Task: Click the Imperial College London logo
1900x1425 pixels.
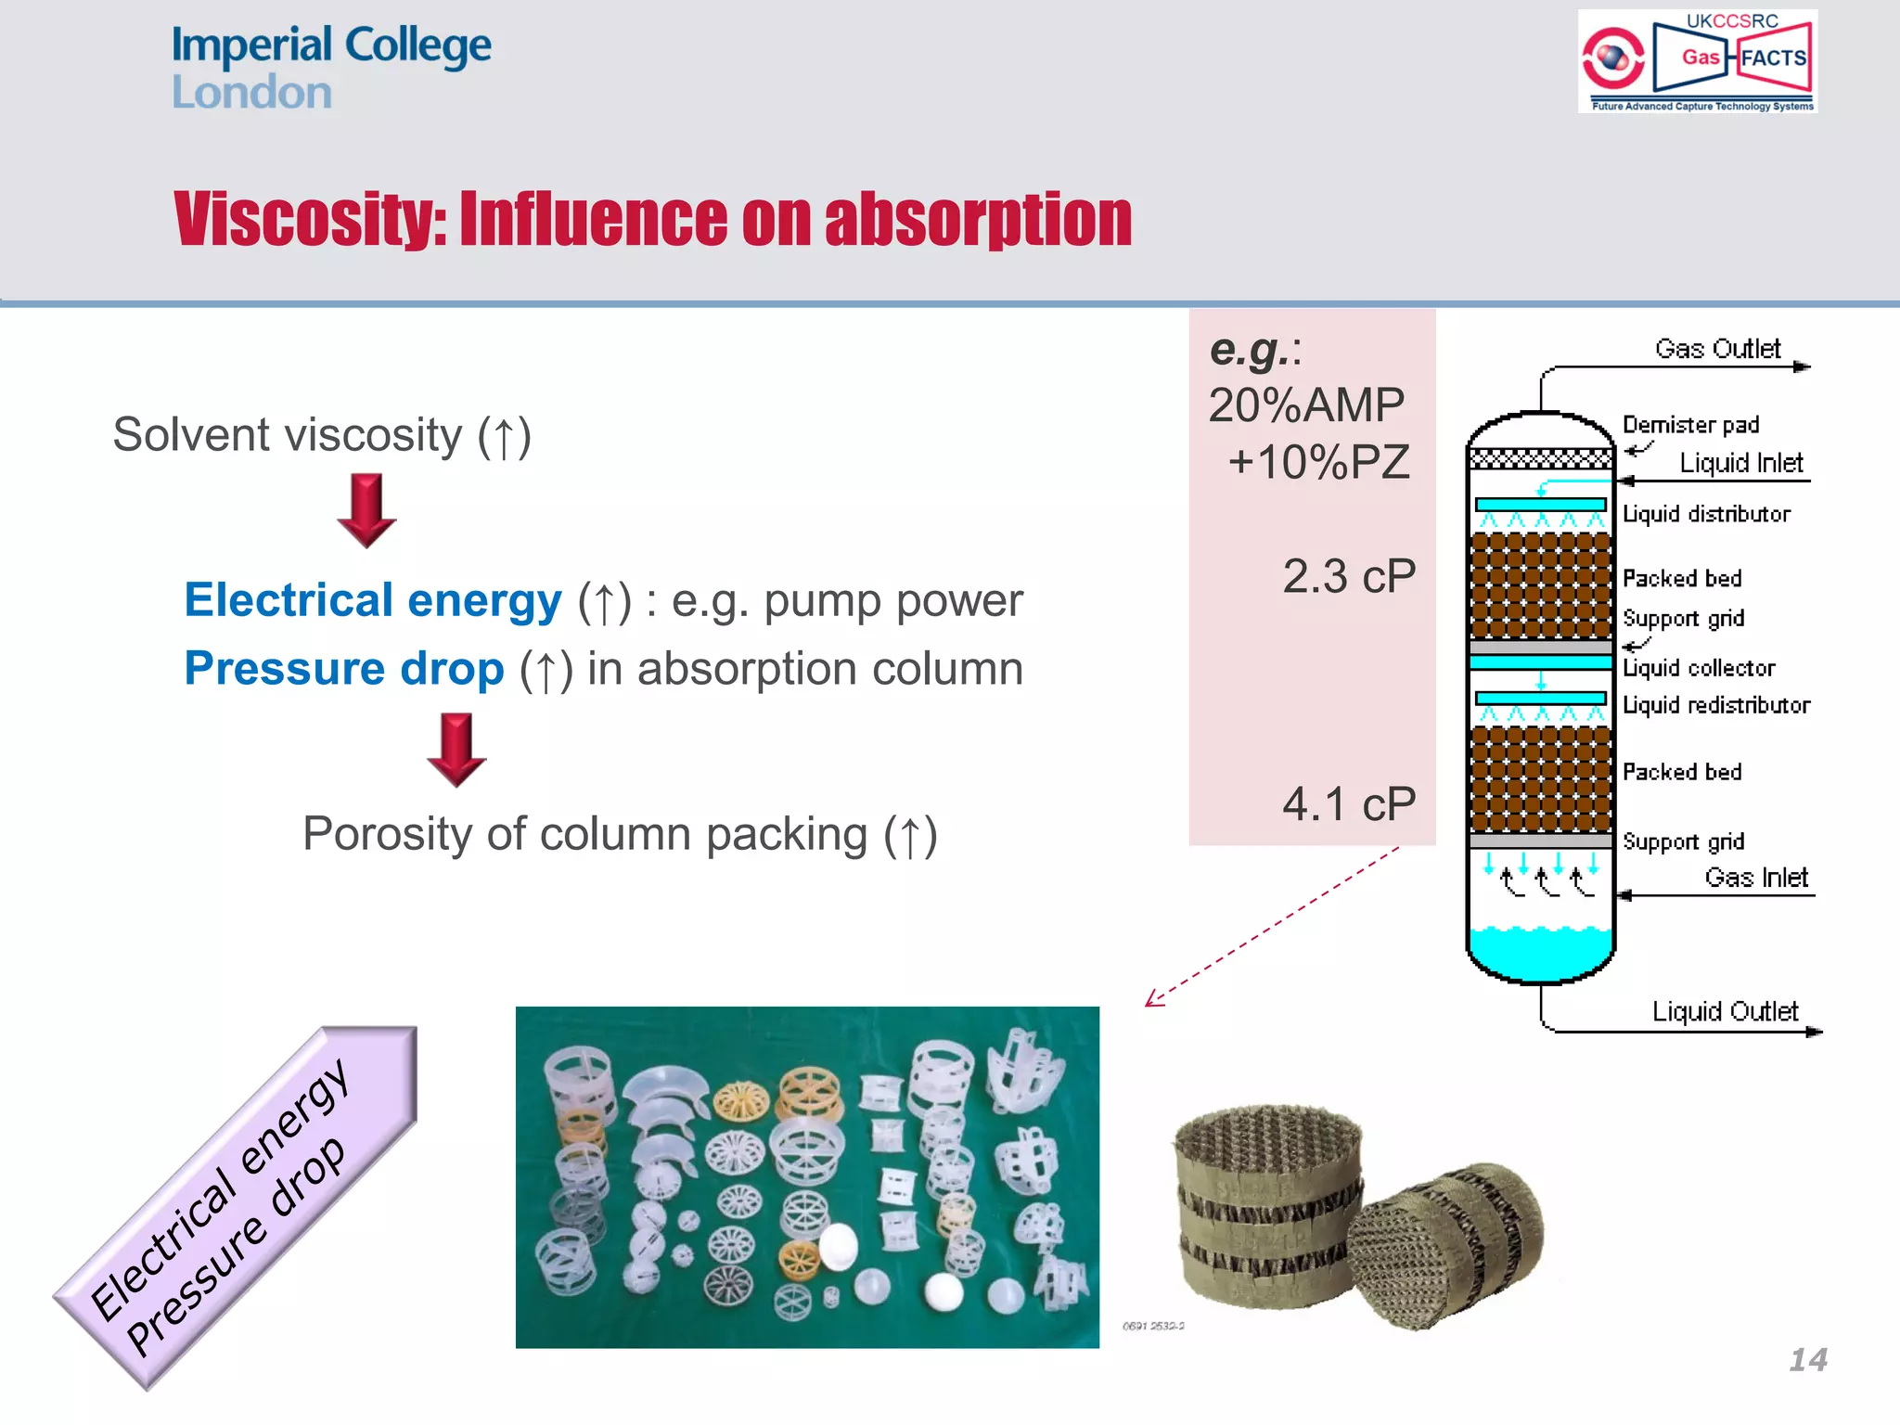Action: (330, 68)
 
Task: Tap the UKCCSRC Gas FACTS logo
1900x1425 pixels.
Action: (1697, 61)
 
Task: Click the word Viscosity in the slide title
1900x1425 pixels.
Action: (310, 220)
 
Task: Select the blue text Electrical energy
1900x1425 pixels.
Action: (372, 600)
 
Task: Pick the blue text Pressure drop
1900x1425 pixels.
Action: (343, 669)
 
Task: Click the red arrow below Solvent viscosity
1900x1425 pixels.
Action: (366, 509)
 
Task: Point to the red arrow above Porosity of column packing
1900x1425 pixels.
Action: (456, 750)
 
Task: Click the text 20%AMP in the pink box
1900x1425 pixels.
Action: (1306, 405)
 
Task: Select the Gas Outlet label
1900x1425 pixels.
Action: (1717, 349)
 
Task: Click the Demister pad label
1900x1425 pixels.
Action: (1690, 425)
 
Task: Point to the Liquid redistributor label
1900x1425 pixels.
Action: (1715, 705)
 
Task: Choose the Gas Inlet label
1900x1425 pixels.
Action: (1755, 878)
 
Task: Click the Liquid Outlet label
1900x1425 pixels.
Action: (1725, 1011)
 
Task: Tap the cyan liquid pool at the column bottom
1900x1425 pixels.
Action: (1540, 952)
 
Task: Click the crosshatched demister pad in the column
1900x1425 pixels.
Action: (1540, 458)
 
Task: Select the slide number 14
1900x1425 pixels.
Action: (1807, 1360)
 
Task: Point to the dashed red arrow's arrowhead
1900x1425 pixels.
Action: (1150, 1002)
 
